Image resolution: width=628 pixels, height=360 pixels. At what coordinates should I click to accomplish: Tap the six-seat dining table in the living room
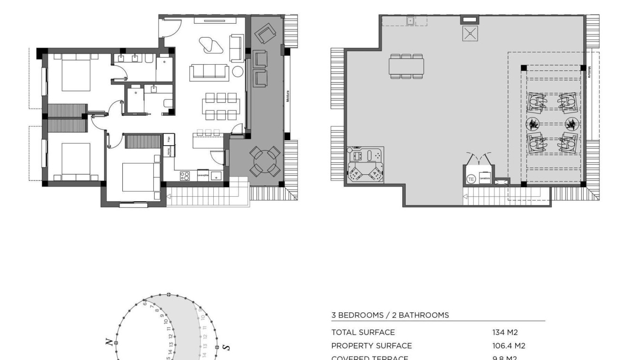pos(219,106)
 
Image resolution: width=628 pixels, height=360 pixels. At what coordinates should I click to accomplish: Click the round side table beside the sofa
pos(238,72)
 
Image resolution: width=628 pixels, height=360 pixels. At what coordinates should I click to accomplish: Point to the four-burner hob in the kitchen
pos(185,175)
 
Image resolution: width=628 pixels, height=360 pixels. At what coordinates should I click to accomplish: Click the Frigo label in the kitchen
pos(168,139)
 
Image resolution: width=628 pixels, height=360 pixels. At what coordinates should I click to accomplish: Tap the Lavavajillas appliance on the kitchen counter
pos(203,175)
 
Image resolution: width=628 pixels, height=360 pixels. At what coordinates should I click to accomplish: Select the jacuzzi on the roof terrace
pos(366,165)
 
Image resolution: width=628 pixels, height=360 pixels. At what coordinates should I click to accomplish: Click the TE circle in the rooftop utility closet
pos(471,179)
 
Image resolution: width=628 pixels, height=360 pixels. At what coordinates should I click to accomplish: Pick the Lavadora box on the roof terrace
pos(484,177)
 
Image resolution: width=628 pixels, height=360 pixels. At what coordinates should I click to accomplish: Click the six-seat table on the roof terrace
pos(406,66)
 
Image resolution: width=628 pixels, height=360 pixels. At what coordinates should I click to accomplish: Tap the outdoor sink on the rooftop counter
pos(410,21)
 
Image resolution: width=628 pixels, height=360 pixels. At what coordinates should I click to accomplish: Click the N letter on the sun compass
pos(109,342)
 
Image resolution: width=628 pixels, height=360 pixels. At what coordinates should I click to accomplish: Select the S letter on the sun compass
pos(229,347)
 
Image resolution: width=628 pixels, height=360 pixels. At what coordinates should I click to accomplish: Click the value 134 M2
pos(505,332)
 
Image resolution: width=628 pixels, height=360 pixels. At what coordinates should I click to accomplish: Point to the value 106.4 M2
pos(508,346)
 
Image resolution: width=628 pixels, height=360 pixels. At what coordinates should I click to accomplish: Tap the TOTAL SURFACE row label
pos(363,332)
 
